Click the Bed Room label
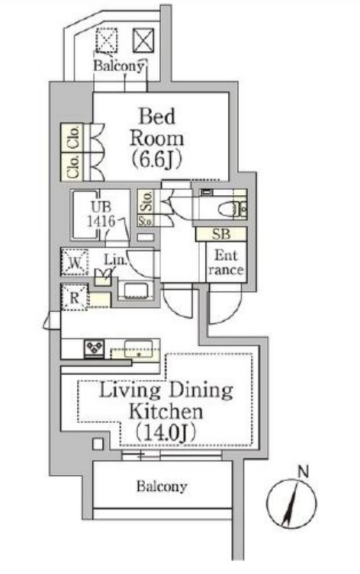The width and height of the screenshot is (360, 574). (157, 138)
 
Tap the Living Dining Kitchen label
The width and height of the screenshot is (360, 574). (166, 411)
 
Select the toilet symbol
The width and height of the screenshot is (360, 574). (233, 210)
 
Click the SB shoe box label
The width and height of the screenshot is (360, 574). (221, 234)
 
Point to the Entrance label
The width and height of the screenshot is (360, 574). (226, 262)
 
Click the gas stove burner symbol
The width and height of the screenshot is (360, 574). (94, 348)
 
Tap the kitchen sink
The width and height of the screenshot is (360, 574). (138, 349)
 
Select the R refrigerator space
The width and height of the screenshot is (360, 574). (74, 297)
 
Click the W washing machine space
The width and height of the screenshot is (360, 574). (75, 262)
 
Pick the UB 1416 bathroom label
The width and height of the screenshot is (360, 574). (101, 214)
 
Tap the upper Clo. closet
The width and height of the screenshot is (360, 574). (72, 137)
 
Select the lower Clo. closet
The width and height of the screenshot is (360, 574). (72, 167)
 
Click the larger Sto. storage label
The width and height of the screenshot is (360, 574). (146, 201)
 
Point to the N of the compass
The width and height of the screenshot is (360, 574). (303, 472)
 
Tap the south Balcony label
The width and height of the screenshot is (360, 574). (162, 486)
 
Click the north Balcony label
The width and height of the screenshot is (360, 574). (119, 66)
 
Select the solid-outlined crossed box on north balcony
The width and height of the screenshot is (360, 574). (143, 40)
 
